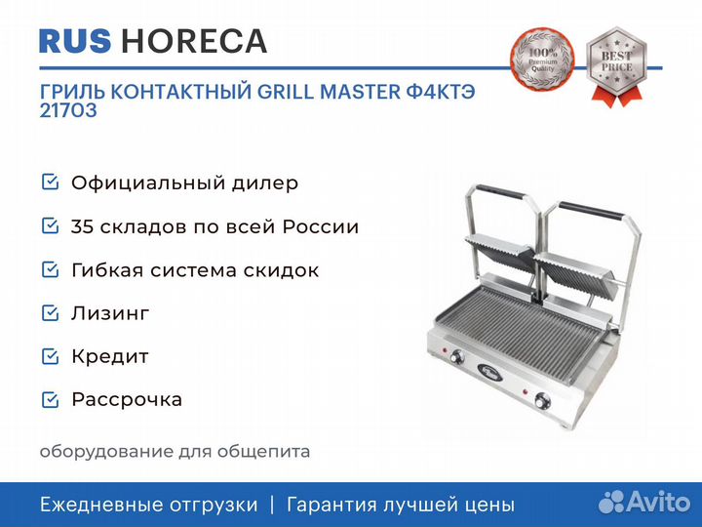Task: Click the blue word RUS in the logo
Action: tap(75, 41)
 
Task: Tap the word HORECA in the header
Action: tap(194, 41)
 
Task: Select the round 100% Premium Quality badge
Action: tap(542, 61)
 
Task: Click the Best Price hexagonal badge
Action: tap(616, 66)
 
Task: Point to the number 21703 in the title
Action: tap(68, 110)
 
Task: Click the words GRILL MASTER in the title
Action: tap(329, 92)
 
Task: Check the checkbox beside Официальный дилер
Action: tap(50, 182)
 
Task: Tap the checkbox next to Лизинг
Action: tap(50, 313)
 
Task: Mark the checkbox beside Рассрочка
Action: tap(50, 400)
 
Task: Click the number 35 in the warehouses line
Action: tap(82, 226)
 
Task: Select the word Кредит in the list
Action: tap(110, 357)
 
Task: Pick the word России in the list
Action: tap(321, 226)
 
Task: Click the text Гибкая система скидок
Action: tap(195, 270)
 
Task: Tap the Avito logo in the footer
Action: tap(644, 502)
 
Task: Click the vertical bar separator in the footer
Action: tap(272, 505)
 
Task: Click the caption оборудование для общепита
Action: tap(175, 451)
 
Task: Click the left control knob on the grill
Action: tap(457, 357)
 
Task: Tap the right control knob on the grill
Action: tap(543, 400)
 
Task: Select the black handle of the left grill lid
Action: tap(500, 192)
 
